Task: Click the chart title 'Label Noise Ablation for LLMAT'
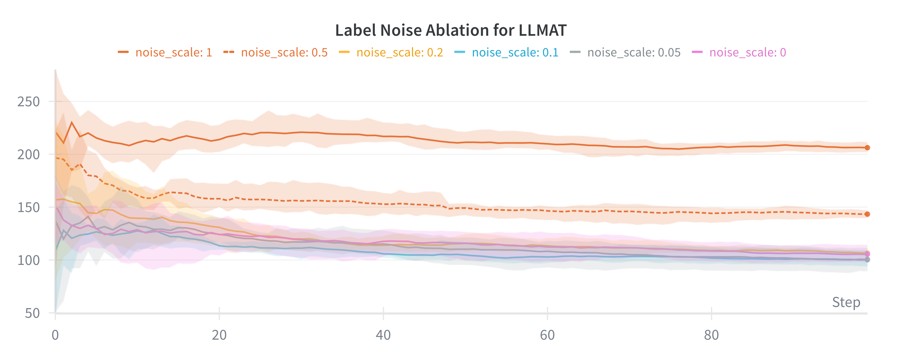tap(451, 31)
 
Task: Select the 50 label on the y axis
tap(32, 313)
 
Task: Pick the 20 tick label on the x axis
tap(219, 335)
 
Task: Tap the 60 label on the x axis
tap(547, 335)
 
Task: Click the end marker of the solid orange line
tap(867, 148)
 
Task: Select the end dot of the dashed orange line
tap(867, 214)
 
